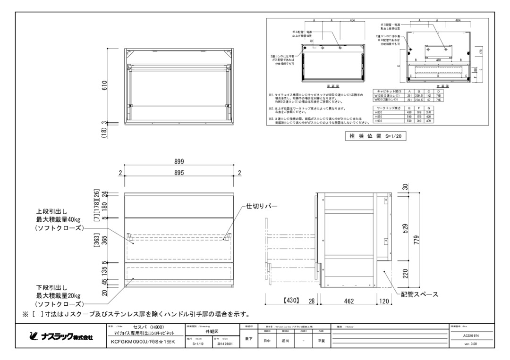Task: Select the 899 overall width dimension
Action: (179, 161)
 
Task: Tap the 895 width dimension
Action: (179, 173)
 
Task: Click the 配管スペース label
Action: (416, 294)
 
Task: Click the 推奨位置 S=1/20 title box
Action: (376, 136)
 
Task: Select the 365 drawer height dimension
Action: (105, 240)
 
